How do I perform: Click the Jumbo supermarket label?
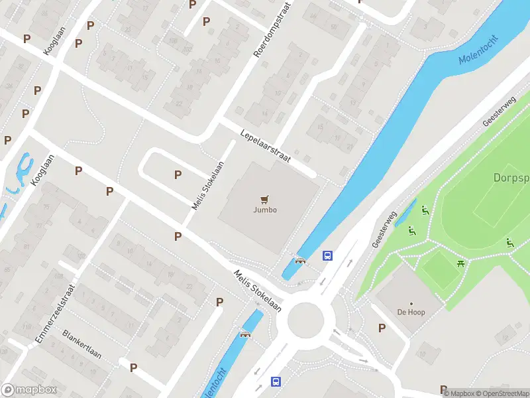pyautogui.click(x=265, y=210)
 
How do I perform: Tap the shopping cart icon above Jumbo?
pyautogui.click(x=265, y=198)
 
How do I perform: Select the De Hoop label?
pyautogui.click(x=411, y=312)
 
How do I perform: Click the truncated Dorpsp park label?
pyautogui.click(x=511, y=178)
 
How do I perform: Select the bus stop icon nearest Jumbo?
pyautogui.click(x=327, y=255)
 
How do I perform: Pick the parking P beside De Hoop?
pyautogui.click(x=382, y=328)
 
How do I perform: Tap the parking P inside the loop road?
pyautogui.click(x=178, y=174)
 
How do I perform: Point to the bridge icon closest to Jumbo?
pyautogui.click(x=300, y=260)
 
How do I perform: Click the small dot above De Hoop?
pyautogui.click(x=411, y=302)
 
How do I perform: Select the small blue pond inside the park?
pyautogui.click(x=405, y=213)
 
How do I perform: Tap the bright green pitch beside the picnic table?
pyautogui.click(x=439, y=269)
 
